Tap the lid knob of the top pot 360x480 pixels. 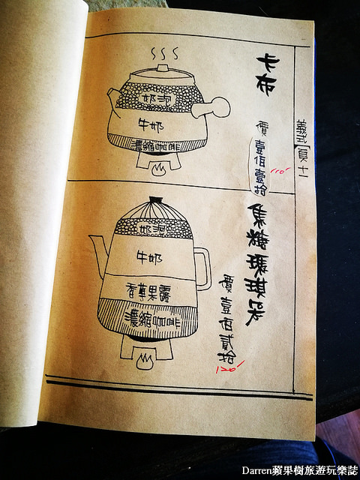coord(162,68)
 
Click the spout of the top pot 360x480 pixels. coord(113,99)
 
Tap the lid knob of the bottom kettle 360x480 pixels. coord(155,201)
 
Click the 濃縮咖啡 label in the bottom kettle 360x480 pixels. coord(149,313)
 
